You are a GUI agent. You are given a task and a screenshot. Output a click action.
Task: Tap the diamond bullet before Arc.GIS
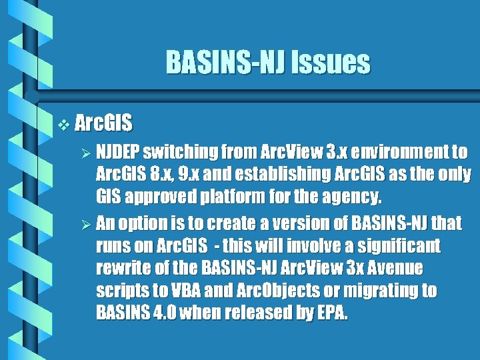pyautogui.click(x=63, y=124)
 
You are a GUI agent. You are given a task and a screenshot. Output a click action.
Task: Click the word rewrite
pyautogui.click(x=121, y=269)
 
